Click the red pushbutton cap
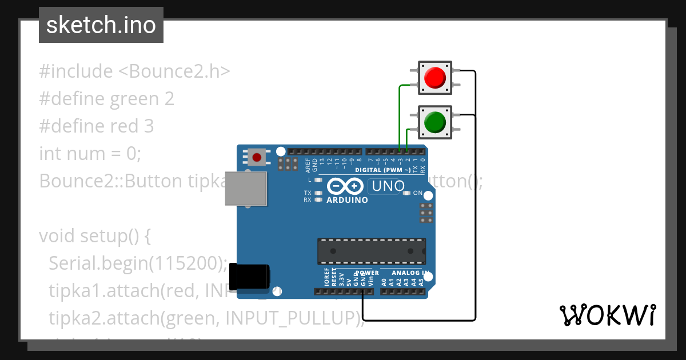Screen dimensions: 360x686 click(435, 77)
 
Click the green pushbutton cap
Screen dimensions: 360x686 click(435, 122)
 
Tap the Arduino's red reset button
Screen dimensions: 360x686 click(257, 157)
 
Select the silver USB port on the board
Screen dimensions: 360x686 click(246, 188)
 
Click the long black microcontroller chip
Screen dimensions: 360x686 click(372, 251)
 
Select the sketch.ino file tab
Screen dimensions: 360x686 click(101, 25)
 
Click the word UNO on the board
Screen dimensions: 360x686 click(388, 186)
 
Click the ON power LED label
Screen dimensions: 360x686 click(418, 193)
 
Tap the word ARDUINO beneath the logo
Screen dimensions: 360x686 click(347, 200)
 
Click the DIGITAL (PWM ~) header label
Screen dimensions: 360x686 click(382, 170)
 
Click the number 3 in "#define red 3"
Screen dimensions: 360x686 click(149, 126)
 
